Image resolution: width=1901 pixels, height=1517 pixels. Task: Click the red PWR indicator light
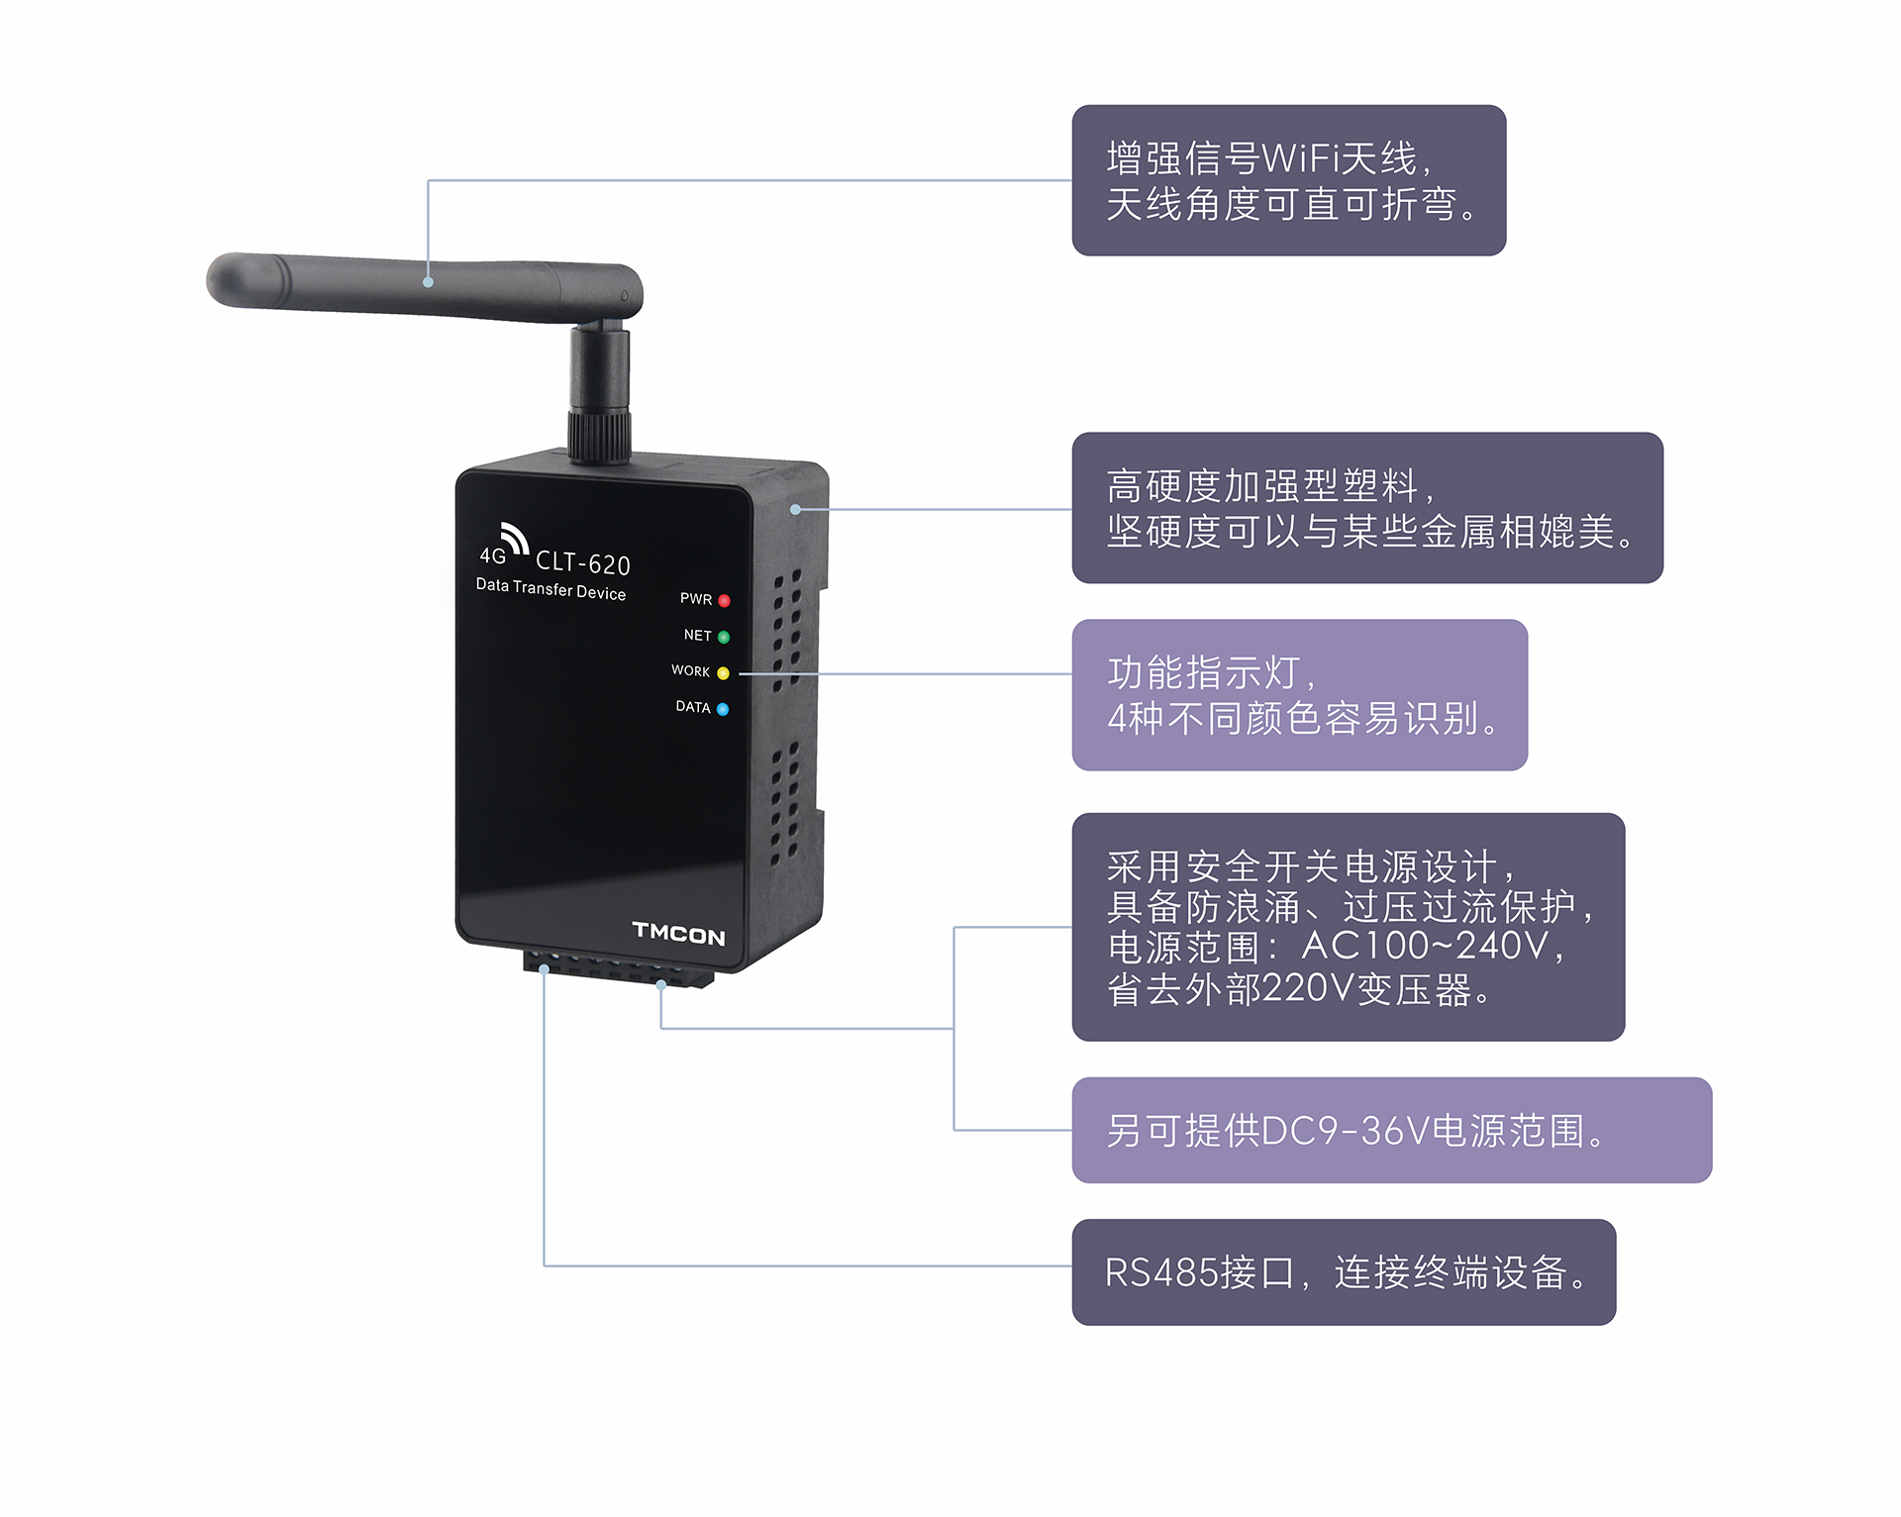pyautogui.click(x=724, y=601)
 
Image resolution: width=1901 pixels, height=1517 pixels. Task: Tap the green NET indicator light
pyautogui.click(x=724, y=637)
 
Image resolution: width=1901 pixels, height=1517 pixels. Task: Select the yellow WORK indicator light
pyautogui.click(x=723, y=673)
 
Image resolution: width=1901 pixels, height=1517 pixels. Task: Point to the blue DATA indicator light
pyautogui.click(x=723, y=709)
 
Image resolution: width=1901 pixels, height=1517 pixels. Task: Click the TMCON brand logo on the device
pyautogui.click(x=678, y=933)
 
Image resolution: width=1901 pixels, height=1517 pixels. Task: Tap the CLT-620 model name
pyautogui.click(x=583, y=563)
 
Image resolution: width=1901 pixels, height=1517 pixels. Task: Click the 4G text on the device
pyautogui.click(x=493, y=556)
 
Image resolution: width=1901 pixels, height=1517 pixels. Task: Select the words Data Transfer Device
pyautogui.click(x=550, y=589)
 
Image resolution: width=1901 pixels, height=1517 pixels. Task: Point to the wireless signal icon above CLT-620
pyautogui.click(x=515, y=537)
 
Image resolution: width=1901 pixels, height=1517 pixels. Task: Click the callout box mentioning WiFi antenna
pyautogui.click(x=1288, y=180)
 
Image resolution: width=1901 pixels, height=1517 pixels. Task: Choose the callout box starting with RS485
pyautogui.click(x=1344, y=1272)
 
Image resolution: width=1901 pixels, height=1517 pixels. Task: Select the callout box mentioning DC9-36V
pyautogui.click(x=1391, y=1130)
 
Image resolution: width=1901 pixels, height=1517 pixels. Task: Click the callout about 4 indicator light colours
pyautogui.click(x=1299, y=695)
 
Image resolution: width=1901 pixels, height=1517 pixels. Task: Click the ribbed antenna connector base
pyautogui.click(x=599, y=436)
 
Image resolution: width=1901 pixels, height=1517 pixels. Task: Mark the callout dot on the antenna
pyautogui.click(x=429, y=282)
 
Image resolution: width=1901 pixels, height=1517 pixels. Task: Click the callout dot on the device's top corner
pyautogui.click(x=795, y=510)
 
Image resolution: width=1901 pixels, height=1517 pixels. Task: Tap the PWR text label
pyautogui.click(x=696, y=599)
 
